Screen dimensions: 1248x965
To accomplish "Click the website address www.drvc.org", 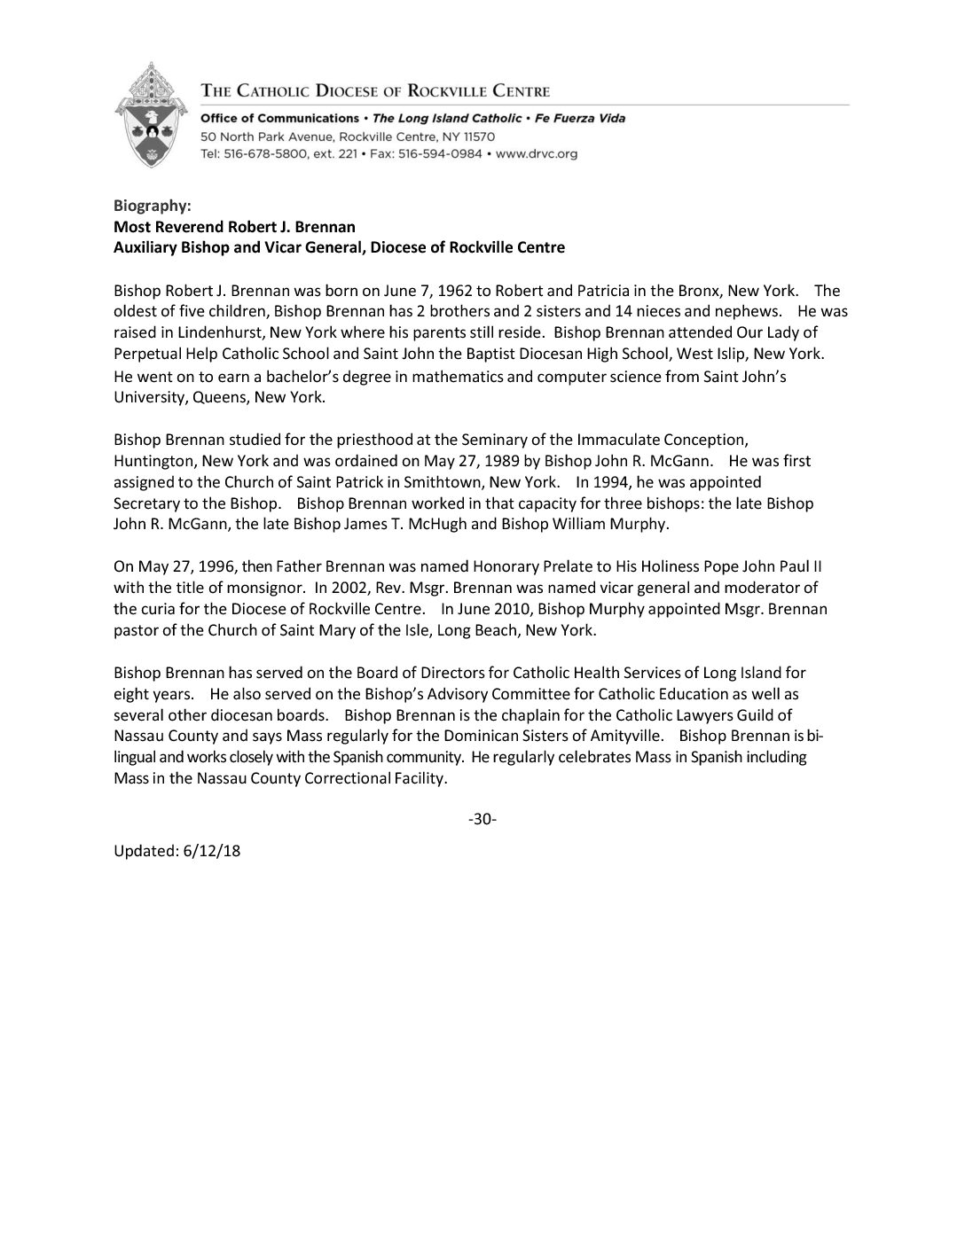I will (537, 153).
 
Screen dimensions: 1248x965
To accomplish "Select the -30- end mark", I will (482, 819).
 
